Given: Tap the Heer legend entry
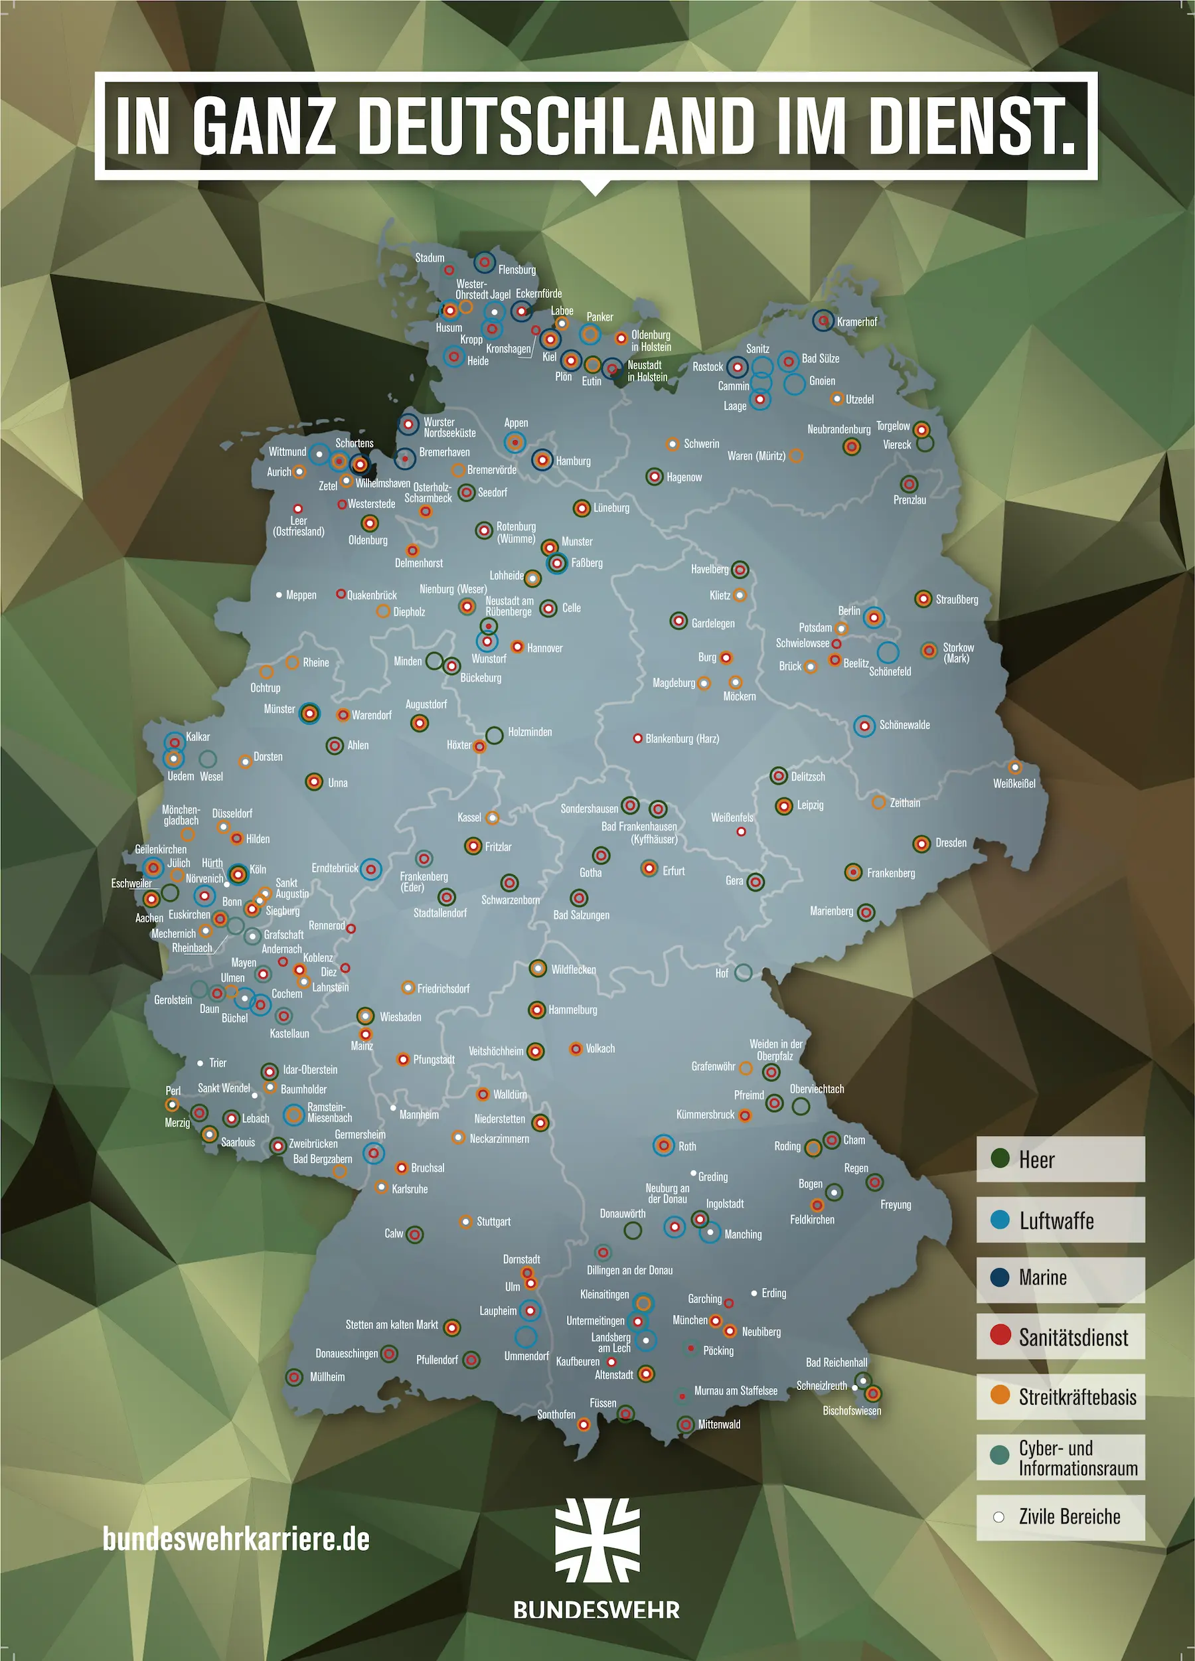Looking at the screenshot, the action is [1060, 1159].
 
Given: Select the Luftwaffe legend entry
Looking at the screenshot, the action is [1060, 1220].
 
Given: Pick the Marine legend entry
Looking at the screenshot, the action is [1060, 1278].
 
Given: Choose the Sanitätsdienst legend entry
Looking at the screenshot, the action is [1060, 1337].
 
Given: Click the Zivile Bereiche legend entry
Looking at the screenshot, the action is [1060, 1517].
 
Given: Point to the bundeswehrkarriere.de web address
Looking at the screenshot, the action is [236, 1539].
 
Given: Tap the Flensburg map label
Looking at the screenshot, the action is [517, 270].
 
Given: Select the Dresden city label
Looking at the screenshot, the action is [951, 843].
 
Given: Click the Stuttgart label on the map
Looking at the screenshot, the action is [493, 1222].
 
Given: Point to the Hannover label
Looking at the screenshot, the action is [545, 648].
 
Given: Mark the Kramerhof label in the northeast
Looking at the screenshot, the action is [856, 321].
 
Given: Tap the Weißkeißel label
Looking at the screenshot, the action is [1014, 783].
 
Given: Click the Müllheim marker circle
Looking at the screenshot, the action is [294, 1377].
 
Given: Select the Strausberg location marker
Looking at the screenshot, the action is [923, 599].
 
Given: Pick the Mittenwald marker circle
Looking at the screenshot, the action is [685, 1425].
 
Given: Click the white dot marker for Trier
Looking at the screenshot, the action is [200, 1063].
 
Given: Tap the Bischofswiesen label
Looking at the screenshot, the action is [852, 1411].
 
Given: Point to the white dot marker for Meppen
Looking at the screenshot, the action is [279, 595].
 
